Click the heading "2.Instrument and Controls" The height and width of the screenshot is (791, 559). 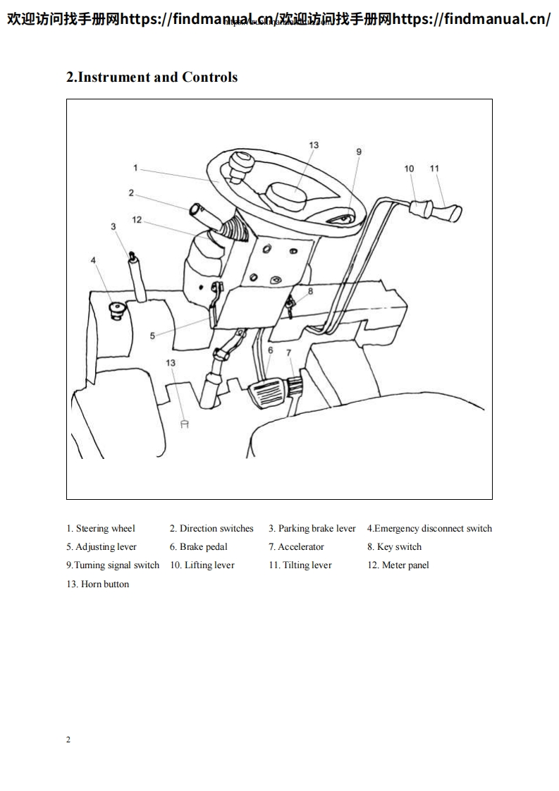[152, 78]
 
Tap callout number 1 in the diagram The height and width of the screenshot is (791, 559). [135, 168]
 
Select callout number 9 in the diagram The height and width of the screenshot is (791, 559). [358, 152]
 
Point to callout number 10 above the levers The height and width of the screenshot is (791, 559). [410, 168]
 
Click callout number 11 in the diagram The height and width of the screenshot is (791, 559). [434, 168]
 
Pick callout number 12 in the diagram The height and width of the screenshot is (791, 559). [137, 220]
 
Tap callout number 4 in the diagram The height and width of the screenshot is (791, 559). [93, 260]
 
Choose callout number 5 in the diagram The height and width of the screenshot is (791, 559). [152, 336]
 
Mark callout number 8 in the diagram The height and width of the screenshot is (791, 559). [310, 290]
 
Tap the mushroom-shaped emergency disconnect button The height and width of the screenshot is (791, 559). [115, 308]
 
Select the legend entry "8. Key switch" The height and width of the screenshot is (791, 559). [394, 547]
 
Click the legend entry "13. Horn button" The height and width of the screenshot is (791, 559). [98, 584]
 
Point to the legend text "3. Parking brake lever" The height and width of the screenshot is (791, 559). [312, 529]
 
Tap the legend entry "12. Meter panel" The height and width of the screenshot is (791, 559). [398, 565]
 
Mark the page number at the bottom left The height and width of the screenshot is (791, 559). [68, 740]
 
